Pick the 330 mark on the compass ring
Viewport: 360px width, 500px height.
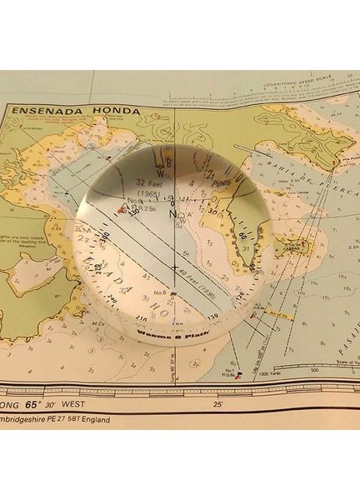[x=130, y=212]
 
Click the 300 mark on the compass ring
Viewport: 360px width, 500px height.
[x=106, y=239]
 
